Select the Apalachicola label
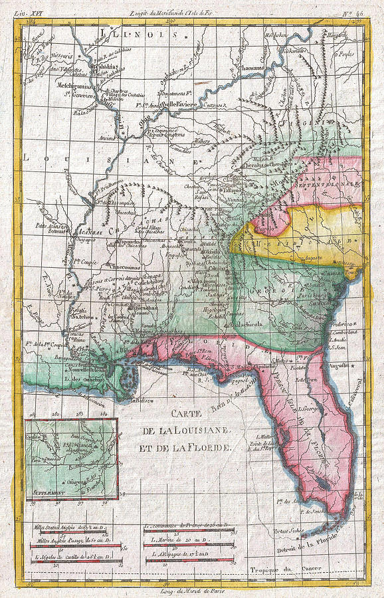coord(245,324)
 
